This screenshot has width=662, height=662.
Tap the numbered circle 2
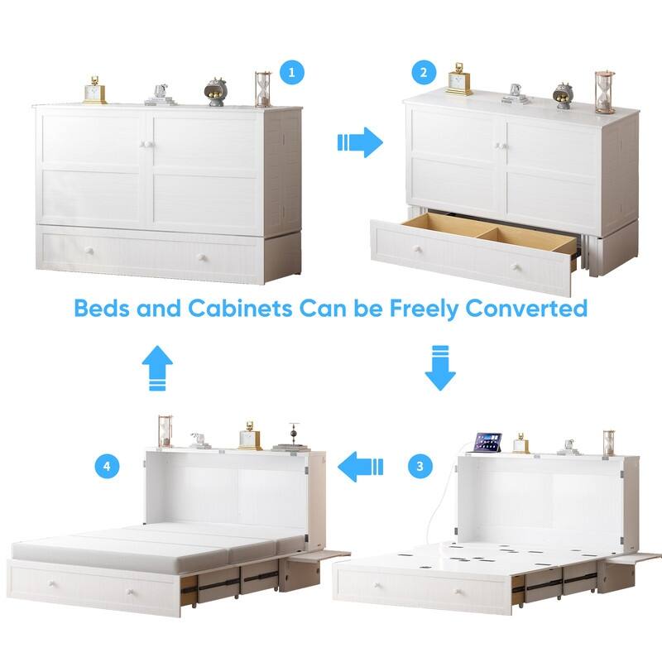pos(425,72)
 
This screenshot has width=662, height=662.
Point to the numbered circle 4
pos(106,466)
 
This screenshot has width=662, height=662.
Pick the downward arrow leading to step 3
pos(440,368)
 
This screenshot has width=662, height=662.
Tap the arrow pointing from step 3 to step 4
pos(364,466)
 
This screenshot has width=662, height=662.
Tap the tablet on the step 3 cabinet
pos(487,443)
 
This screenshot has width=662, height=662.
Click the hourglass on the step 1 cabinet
pos(264,88)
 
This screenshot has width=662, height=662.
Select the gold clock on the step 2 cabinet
pos(460,79)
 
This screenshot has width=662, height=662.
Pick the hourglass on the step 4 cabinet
pos(165,430)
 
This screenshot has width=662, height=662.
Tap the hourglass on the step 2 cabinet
pos(605,92)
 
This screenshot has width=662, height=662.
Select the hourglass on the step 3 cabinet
pos(609,443)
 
